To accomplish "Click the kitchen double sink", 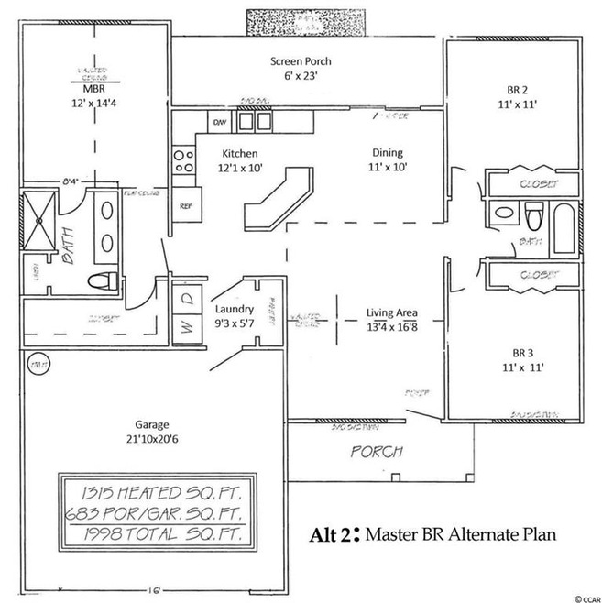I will pyautogui.click(x=255, y=121).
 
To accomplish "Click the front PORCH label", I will pyautogui.click(x=376, y=452).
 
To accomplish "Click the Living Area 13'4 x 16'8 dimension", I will pyautogui.click(x=392, y=324).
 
